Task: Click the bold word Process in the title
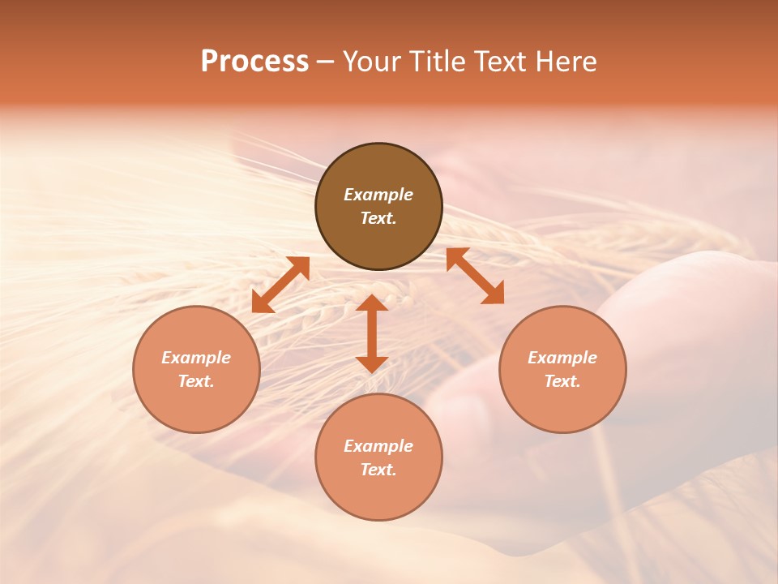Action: pyautogui.click(x=254, y=62)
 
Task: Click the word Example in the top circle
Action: pyautogui.click(x=378, y=195)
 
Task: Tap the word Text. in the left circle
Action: pyautogui.click(x=196, y=381)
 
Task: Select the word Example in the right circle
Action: pyautogui.click(x=562, y=358)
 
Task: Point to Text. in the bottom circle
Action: pyautogui.click(x=378, y=470)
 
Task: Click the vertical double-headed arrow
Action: pyautogui.click(x=372, y=333)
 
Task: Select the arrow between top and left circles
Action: pyautogui.click(x=280, y=285)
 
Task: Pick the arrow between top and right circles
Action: pyautogui.click(x=475, y=276)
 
